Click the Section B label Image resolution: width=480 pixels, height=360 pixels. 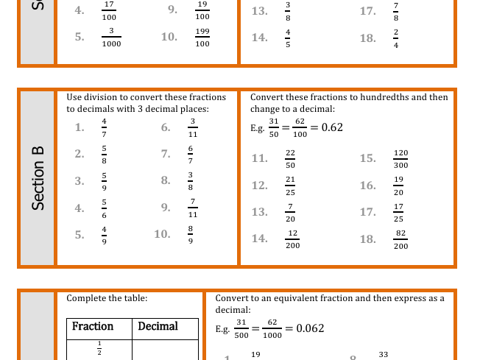(x=38, y=178)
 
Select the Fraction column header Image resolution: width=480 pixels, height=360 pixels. (x=93, y=326)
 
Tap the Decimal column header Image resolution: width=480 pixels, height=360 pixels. (x=158, y=326)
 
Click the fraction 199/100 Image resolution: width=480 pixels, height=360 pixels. (x=202, y=38)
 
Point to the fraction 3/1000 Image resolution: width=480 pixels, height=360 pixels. (x=111, y=38)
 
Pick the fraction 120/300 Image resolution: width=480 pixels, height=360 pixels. (x=400, y=159)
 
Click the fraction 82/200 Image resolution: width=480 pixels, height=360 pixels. (x=400, y=239)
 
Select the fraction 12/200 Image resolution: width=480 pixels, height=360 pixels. (x=292, y=239)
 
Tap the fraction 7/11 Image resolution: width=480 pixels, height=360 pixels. (x=193, y=208)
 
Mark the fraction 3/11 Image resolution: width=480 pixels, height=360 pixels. (x=193, y=127)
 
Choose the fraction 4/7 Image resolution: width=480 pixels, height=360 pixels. (x=104, y=127)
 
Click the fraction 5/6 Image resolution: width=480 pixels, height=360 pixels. (x=104, y=208)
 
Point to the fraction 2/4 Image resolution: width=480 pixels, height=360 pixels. (x=396, y=38)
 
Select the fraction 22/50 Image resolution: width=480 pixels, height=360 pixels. (x=290, y=159)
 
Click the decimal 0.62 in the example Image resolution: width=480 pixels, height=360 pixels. (x=331, y=127)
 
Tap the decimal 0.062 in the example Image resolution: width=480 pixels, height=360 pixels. (x=310, y=328)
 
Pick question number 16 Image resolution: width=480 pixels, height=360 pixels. (x=367, y=186)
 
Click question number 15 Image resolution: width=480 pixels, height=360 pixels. (x=367, y=158)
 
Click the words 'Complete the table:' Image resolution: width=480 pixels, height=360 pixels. (x=107, y=298)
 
